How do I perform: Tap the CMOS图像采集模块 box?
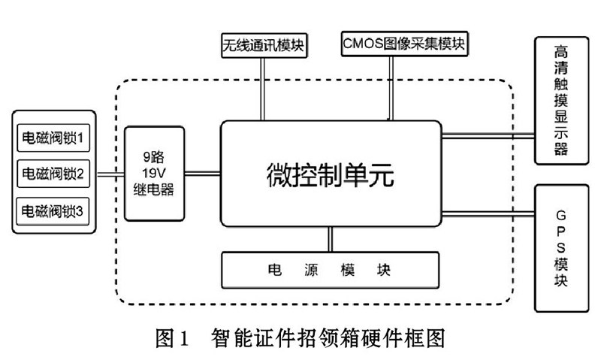pyautogui.click(x=403, y=43)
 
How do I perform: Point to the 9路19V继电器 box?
pyautogui.click(x=153, y=174)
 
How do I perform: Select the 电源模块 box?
pyautogui.click(x=329, y=268)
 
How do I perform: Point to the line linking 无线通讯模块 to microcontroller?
pyautogui.click(x=262, y=86)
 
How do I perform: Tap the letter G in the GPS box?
pyautogui.click(x=560, y=207)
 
